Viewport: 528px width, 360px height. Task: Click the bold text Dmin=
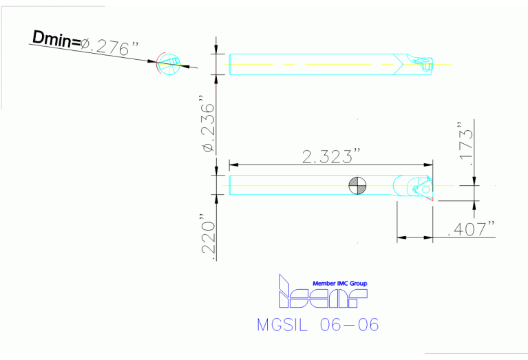(x=55, y=39)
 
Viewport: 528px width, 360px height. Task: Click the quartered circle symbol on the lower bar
(x=357, y=185)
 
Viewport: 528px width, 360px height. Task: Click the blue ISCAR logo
(x=321, y=294)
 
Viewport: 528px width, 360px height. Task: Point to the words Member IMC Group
(x=340, y=283)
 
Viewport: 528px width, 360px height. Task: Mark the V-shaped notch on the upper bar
(x=400, y=64)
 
